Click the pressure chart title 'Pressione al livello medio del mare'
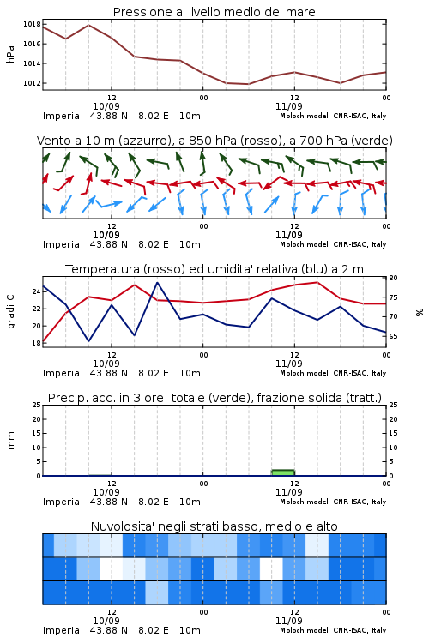click(x=214, y=12)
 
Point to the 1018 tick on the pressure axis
click(x=32, y=24)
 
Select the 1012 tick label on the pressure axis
click(x=32, y=83)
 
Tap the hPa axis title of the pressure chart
click(x=10, y=54)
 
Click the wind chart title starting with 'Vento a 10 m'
click(x=214, y=141)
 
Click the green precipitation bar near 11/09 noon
click(x=283, y=472)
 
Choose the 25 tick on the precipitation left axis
click(x=37, y=405)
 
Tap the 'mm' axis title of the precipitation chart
click(x=10, y=441)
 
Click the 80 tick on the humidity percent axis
click(x=393, y=278)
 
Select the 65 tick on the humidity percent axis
click(x=393, y=336)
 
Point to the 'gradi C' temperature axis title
click(x=10, y=311)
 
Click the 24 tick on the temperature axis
click(x=37, y=292)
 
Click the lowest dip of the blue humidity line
click(x=88, y=340)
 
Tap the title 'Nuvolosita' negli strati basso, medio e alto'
click(x=214, y=526)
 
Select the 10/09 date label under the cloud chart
click(x=106, y=621)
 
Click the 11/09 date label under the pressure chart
click(x=288, y=106)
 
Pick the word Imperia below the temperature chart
click(x=61, y=373)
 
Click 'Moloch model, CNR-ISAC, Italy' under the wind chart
click(x=333, y=244)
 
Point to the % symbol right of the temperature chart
click(x=420, y=312)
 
